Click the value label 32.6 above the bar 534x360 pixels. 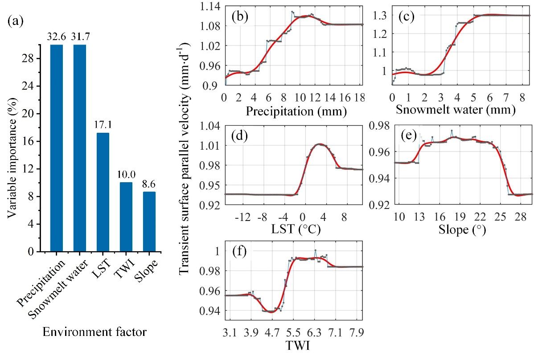(57, 37)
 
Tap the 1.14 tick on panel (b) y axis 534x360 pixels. (209, 6)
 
